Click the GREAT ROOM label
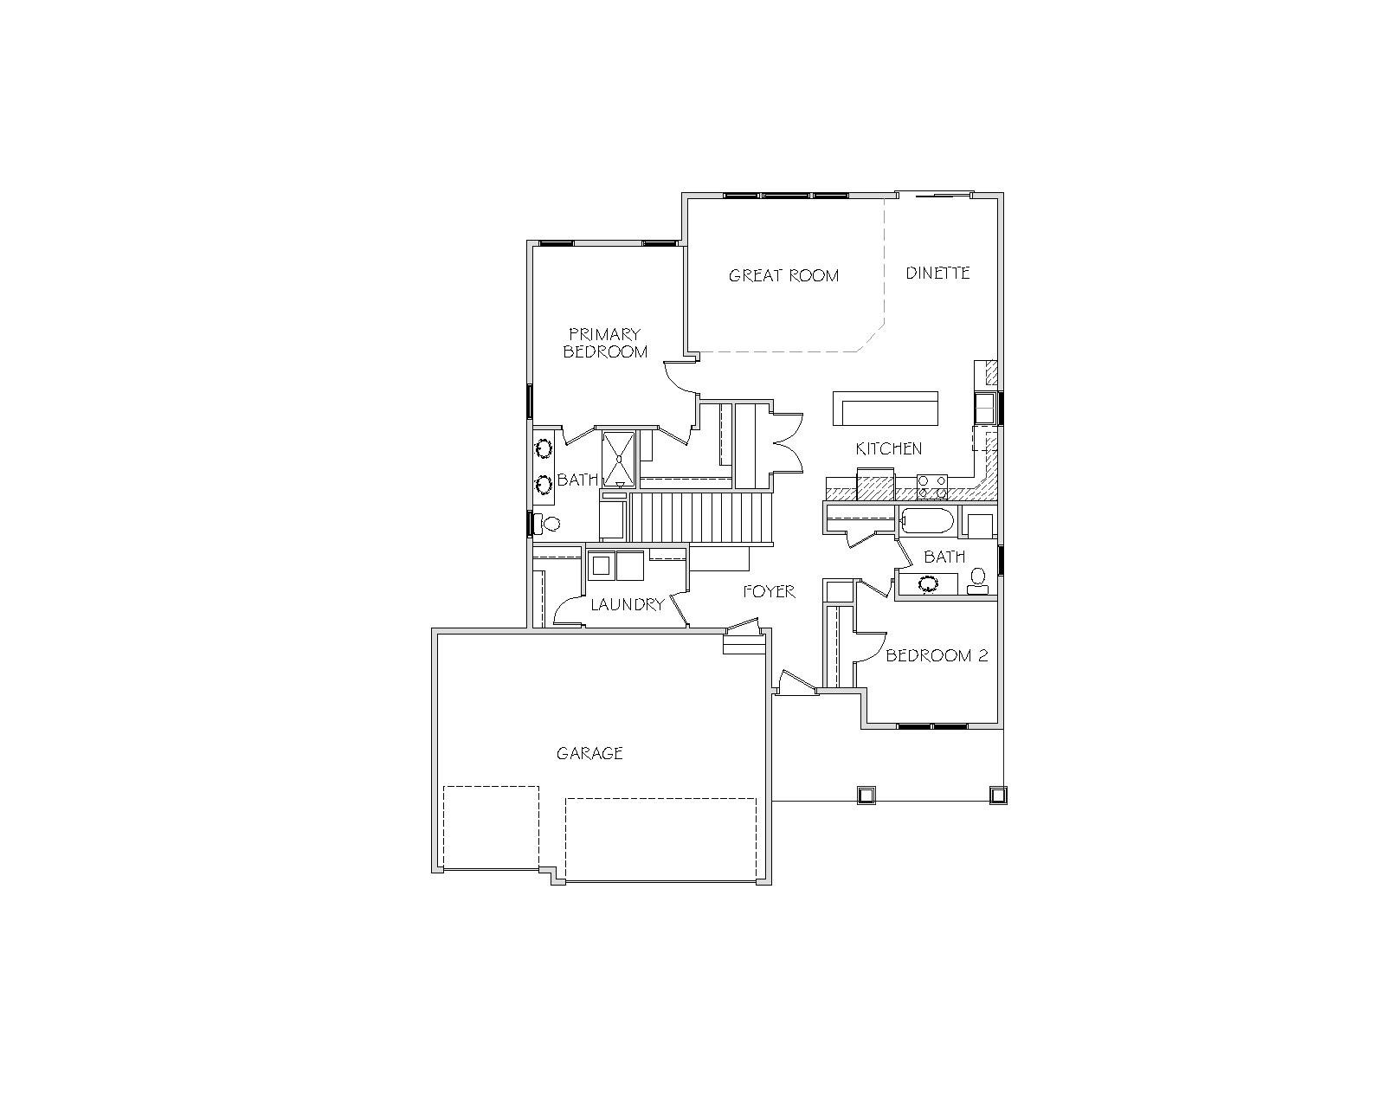coord(783,275)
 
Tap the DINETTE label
coord(937,273)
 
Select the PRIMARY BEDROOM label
coord(605,343)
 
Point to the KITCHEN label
coord(888,448)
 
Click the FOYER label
coord(769,591)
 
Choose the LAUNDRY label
coord(628,604)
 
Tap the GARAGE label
coord(589,753)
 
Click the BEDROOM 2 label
coord(937,655)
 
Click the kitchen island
coord(885,409)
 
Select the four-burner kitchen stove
coord(932,486)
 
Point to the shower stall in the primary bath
coord(618,460)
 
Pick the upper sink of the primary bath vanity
coord(544,448)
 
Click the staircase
coord(701,519)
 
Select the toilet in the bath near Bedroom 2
coord(977,581)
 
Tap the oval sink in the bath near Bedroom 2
coord(928,584)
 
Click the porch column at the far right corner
coord(998,796)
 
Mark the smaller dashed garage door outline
coord(491,828)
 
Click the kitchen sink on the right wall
coord(984,409)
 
